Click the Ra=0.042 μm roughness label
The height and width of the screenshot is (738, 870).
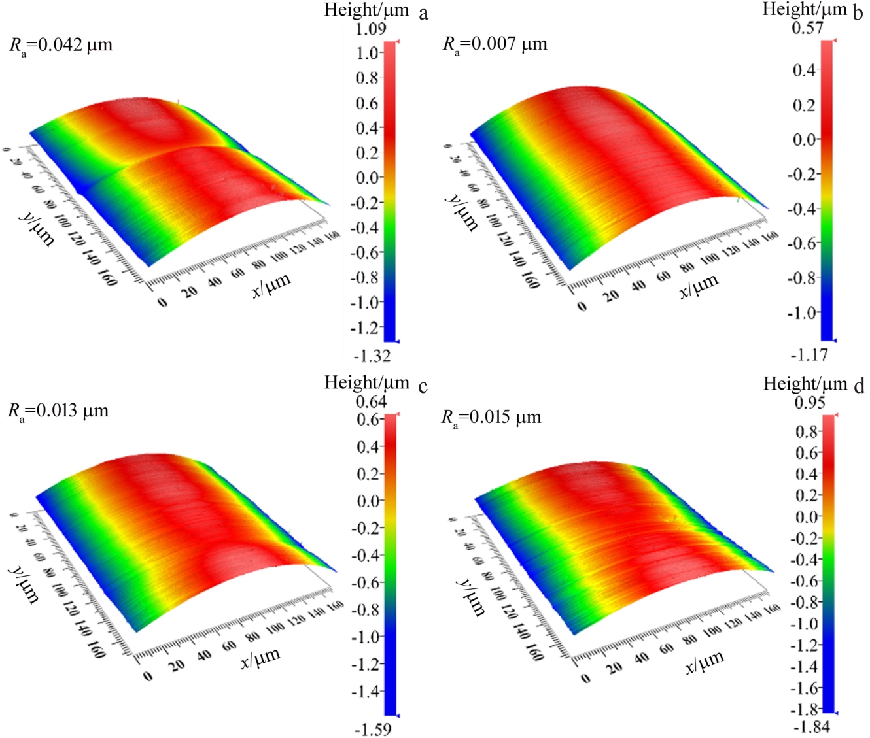(61, 46)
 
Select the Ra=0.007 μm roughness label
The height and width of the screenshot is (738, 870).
(495, 44)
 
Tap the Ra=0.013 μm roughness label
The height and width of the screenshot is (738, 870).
(58, 411)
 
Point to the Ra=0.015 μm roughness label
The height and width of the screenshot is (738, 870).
(491, 417)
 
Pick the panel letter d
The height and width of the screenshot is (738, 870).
(859, 385)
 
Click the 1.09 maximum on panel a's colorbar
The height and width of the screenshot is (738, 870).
(371, 29)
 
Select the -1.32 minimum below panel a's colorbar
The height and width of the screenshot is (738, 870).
(372, 356)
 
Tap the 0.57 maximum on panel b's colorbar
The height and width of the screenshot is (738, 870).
(807, 28)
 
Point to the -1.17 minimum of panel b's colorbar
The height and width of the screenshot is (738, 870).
(809, 355)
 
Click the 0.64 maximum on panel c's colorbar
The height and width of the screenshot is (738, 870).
(371, 401)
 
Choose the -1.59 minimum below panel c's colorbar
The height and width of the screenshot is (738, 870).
(372, 729)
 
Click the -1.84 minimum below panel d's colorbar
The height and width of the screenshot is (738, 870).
(811, 726)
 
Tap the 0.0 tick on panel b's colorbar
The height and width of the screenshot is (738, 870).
(804, 139)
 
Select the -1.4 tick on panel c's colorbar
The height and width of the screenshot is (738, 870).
(367, 691)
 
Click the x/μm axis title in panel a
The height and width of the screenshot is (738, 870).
(271, 286)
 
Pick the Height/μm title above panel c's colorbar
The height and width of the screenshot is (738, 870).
(366, 382)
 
